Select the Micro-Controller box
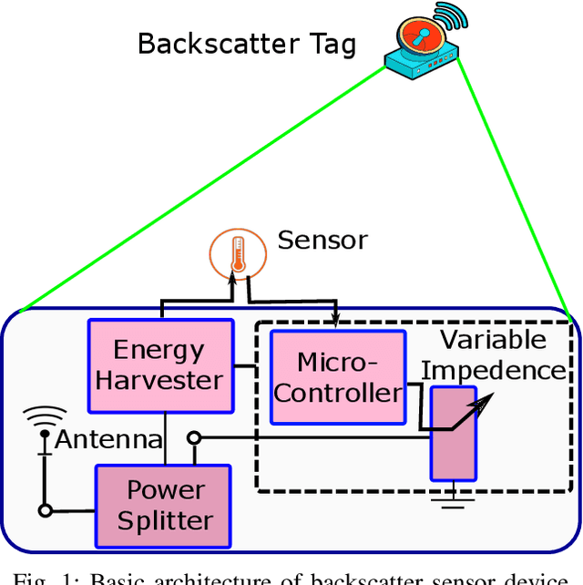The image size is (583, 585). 338,377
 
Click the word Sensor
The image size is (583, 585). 322,241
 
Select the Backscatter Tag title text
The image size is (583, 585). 246,44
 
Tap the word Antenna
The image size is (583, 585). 108,440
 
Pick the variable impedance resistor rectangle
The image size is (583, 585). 453,433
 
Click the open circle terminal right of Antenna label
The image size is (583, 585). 193,438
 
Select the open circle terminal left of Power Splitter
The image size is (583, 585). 43,509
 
